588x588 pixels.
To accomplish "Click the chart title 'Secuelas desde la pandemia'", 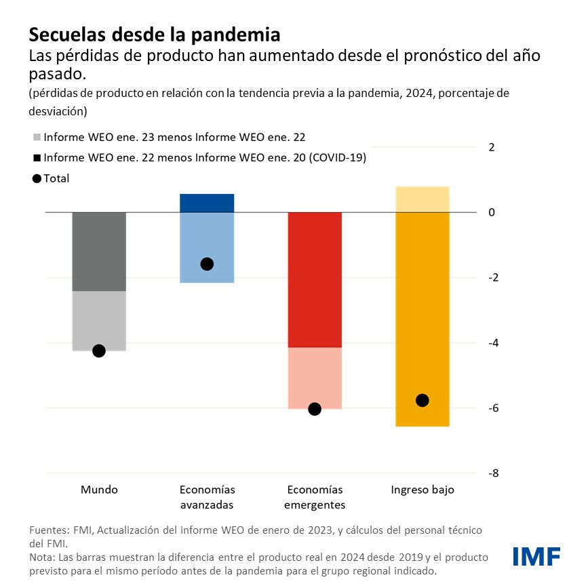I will tap(154, 34).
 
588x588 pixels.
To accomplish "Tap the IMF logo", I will tap(536, 556).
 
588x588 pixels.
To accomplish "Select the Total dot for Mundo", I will tap(99, 351).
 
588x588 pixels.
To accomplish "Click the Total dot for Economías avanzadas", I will tap(207, 264).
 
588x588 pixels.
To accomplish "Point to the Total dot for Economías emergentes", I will tap(315, 409).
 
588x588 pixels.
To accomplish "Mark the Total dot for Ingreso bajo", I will tap(422, 400).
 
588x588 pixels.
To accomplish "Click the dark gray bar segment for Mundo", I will tap(99, 252).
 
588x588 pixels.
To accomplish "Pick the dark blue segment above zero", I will tap(207, 203).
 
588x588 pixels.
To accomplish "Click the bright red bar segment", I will tap(315, 279).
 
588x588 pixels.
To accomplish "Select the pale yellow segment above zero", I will tap(422, 199).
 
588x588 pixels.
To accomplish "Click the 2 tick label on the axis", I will tap(492, 147).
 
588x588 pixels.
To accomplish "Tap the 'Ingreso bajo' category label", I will tap(422, 490).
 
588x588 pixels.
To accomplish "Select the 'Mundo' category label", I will tap(99, 490).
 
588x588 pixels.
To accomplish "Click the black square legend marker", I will tap(37, 157).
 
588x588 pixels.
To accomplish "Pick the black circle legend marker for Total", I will tap(37, 178).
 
